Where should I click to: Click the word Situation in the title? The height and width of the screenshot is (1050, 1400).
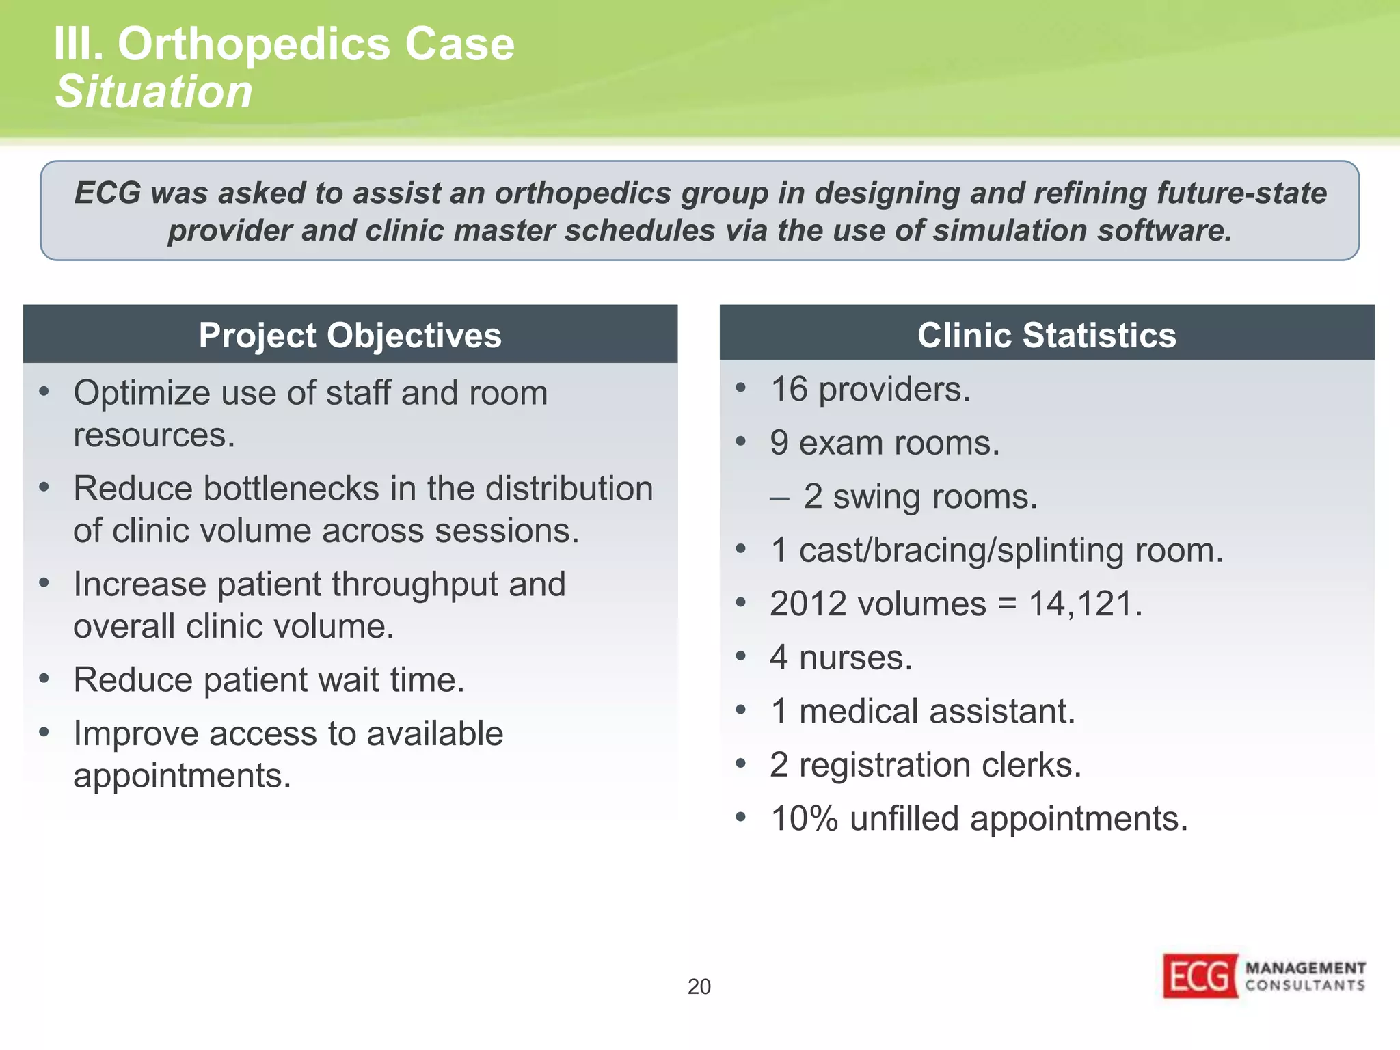[x=154, y=92]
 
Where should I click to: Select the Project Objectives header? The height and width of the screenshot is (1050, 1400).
[x=350, y=335]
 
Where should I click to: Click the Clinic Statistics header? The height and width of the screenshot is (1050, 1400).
[x=1047, y=335]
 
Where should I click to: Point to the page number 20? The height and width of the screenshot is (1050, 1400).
[x=699, y=986]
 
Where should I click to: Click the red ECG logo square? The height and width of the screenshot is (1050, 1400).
[x=1200, y=976]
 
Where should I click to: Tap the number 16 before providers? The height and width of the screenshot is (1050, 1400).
[x=789, y=390]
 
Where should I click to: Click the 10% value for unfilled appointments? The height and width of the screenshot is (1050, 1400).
[x=804, y=818]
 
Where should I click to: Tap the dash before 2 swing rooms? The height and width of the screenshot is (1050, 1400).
[x=779, y=498]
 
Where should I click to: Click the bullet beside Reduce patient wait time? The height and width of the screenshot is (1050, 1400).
[x=44, y=679]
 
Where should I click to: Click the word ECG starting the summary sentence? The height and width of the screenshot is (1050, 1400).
[x=107, y=193]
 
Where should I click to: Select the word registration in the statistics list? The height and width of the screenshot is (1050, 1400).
[x=885, y=765]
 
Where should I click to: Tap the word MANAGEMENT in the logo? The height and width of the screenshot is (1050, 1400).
[x=1305, y=967]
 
